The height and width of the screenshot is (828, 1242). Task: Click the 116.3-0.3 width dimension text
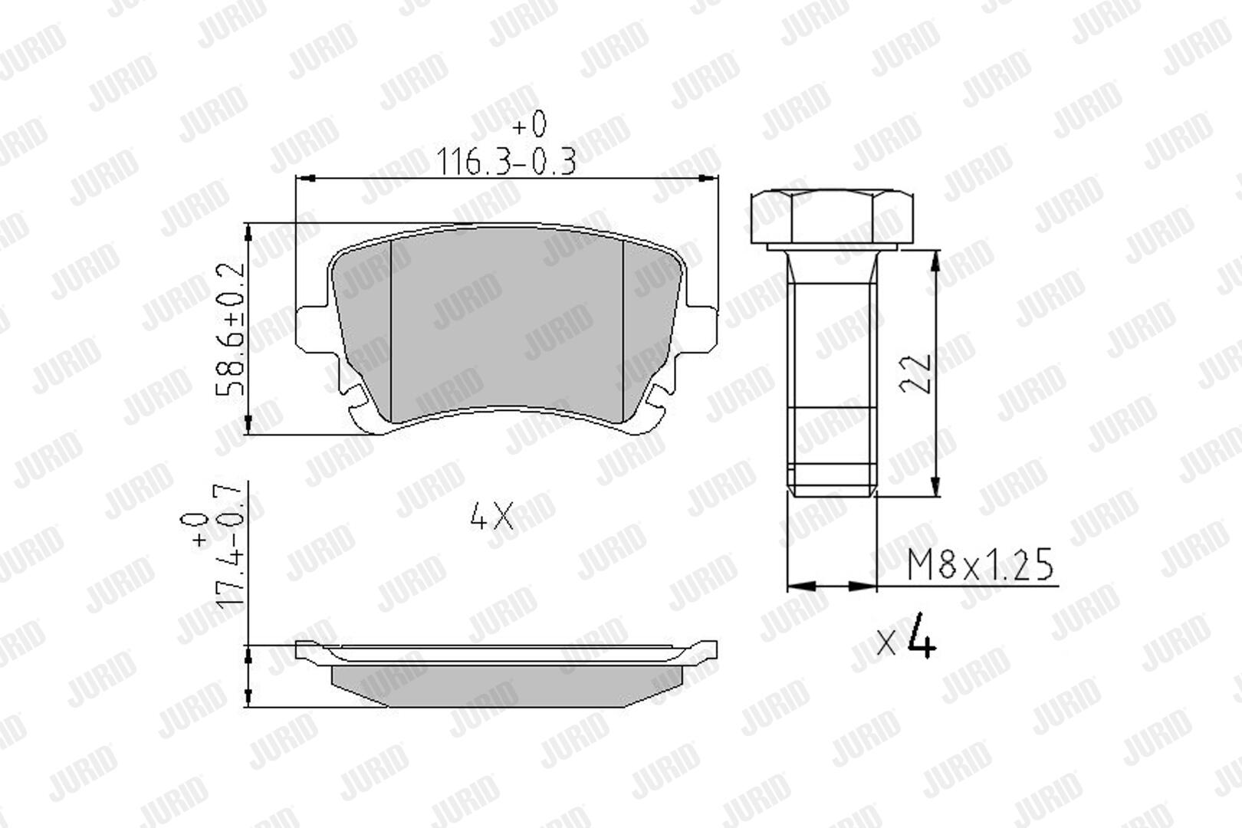pos(506,162)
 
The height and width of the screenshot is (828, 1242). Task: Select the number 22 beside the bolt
pos(915,373)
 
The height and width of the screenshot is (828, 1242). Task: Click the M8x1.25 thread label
pos(980,565)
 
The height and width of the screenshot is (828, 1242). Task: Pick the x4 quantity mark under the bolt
pos(906,636)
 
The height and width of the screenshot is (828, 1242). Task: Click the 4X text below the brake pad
pos(491,516)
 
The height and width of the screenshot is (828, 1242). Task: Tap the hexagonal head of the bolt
pos(832,217)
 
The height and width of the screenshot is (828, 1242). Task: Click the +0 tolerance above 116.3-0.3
pos(530,124)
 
